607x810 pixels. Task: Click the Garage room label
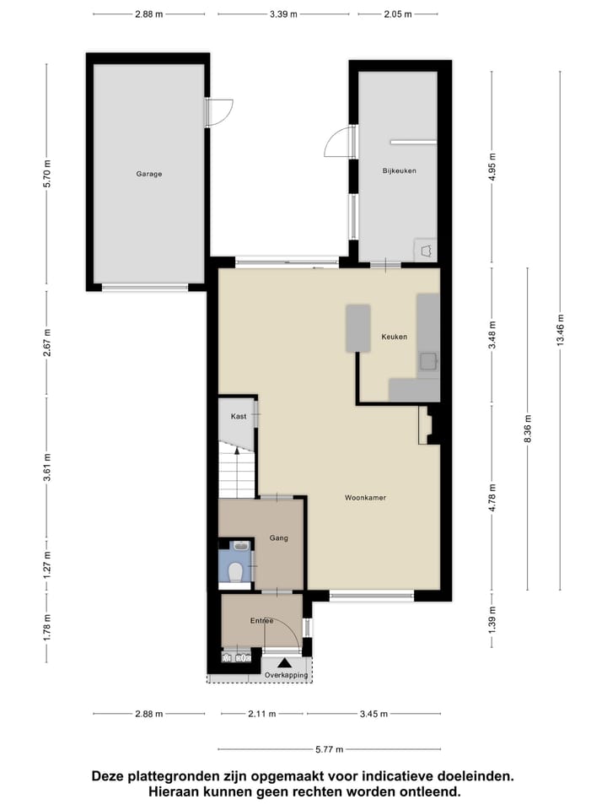(149, 174)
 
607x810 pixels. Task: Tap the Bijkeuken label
(399, 170)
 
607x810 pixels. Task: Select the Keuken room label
(394, 337)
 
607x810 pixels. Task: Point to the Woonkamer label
(365, 498)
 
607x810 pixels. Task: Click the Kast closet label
(238, 417)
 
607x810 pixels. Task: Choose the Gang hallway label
(279, 537)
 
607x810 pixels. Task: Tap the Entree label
(261, 621)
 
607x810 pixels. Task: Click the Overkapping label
(286, 676)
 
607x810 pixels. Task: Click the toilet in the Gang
(237, 573)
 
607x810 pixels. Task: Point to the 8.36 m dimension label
(528, 427)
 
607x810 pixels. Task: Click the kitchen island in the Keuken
(357, 328)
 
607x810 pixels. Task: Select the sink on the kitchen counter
(429, 361)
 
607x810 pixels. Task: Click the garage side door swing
(218, 113)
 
